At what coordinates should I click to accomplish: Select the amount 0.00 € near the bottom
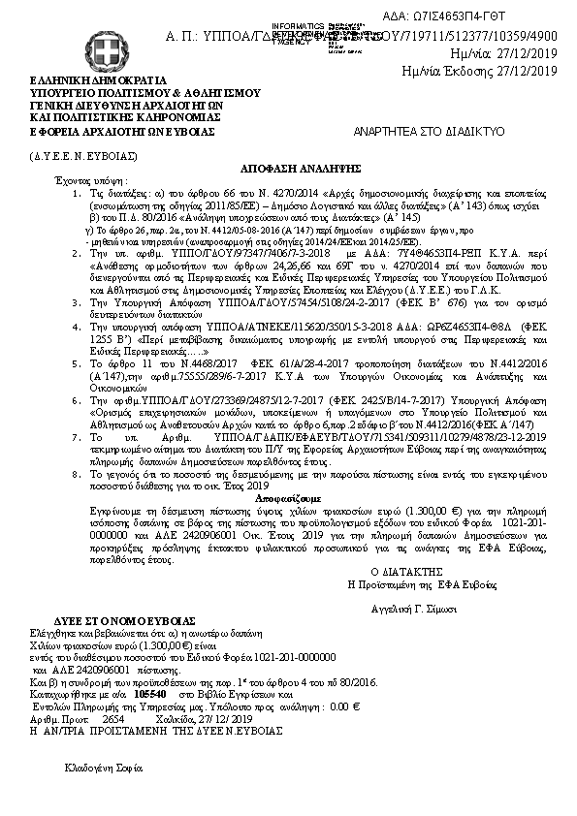[387, 706]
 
